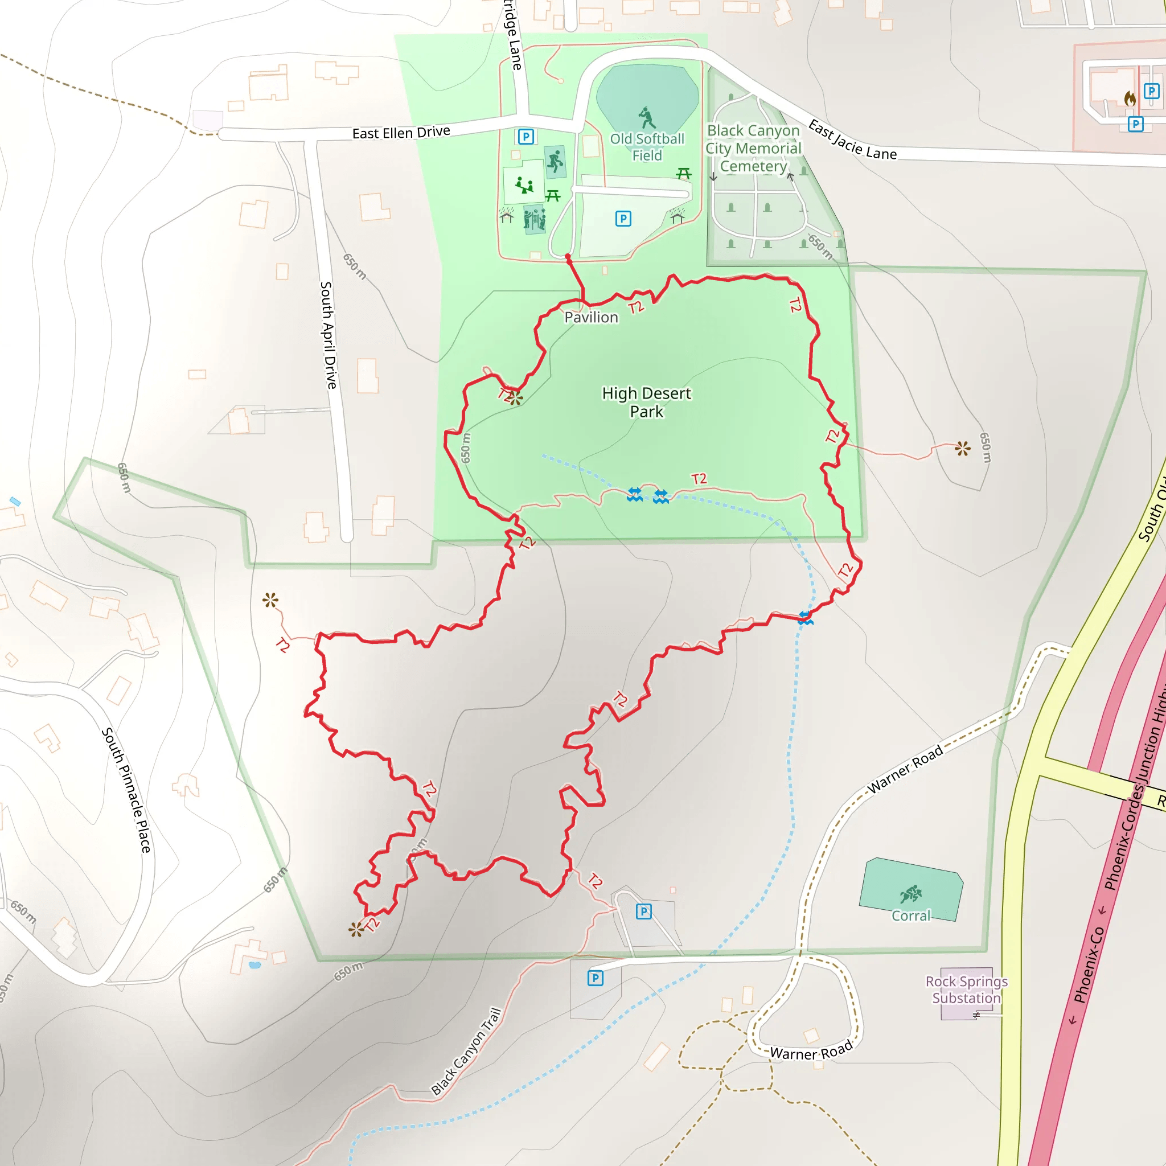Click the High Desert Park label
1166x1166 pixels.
click(646, 403)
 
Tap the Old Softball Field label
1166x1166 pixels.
click(647, 147)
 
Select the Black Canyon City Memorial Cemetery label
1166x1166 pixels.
click(753, 149)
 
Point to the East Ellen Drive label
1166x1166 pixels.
click(401, 132)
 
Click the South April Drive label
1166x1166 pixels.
click(328, 335)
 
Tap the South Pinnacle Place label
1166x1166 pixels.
click(126, 790)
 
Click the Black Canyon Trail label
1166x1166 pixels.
click(466, 1051)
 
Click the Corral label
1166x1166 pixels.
click(911, 915)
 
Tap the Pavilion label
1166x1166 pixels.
click(591, 318)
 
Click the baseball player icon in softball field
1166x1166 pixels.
click(647, 117)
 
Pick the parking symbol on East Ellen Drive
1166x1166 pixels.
click(525, 137)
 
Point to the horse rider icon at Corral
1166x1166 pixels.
click(911, 893)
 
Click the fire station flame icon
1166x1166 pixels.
click(1130, 98)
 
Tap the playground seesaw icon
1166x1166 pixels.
click(524, 184)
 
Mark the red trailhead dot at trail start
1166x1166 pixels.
click(568, 257)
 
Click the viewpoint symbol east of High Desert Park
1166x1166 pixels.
click(963, 449)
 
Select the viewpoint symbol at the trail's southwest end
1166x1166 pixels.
click(356, 929)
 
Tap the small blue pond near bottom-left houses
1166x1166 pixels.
click(254, 965)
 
